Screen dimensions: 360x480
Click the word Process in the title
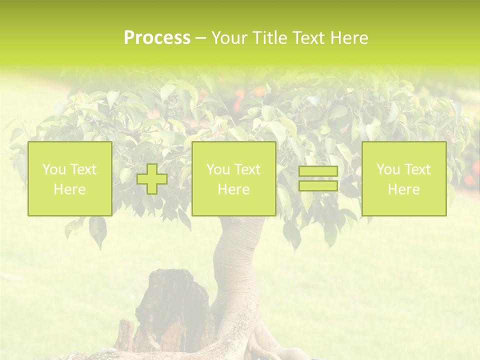pyautogui.click(x=157, y=38)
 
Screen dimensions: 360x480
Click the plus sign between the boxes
pyautogui.click(x=152, y=178)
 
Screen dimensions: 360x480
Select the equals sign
pyautogui.click(x=318, y=178)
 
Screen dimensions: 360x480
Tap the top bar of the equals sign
pyautogui.click(x=318, y=171)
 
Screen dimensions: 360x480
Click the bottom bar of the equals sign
pyautogui.click(x=318, y=185)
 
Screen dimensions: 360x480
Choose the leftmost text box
pyautogui.click(x=69, y=178)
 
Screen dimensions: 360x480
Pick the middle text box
pyautogui.click(x=233, y=178)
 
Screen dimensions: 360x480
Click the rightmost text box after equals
pyautogui.click(x=403, y=178)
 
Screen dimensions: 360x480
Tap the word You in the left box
pyautogui.click(x=54, y=169)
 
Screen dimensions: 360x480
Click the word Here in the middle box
pyautogui.click(x=233, y=189)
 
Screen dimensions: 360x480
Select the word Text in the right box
pyautogui.click(x=417, y=169)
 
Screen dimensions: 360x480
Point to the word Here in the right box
pyautogui.click(x=403, y=189)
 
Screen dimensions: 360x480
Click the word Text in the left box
pyautogui.click(x=82, y=169)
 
